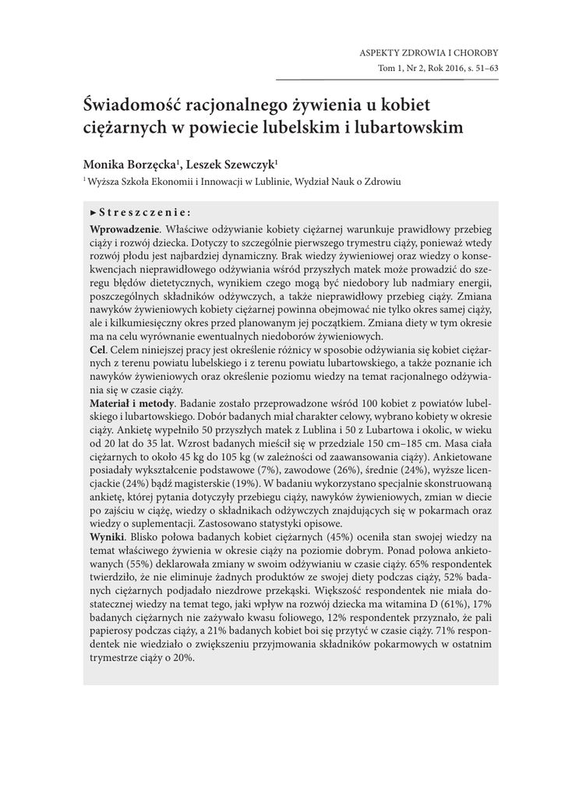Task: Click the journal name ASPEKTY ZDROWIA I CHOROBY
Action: point(428,53)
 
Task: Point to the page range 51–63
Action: point(482,69)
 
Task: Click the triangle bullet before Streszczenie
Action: point(94,211)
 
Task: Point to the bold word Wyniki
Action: point(108,538)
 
